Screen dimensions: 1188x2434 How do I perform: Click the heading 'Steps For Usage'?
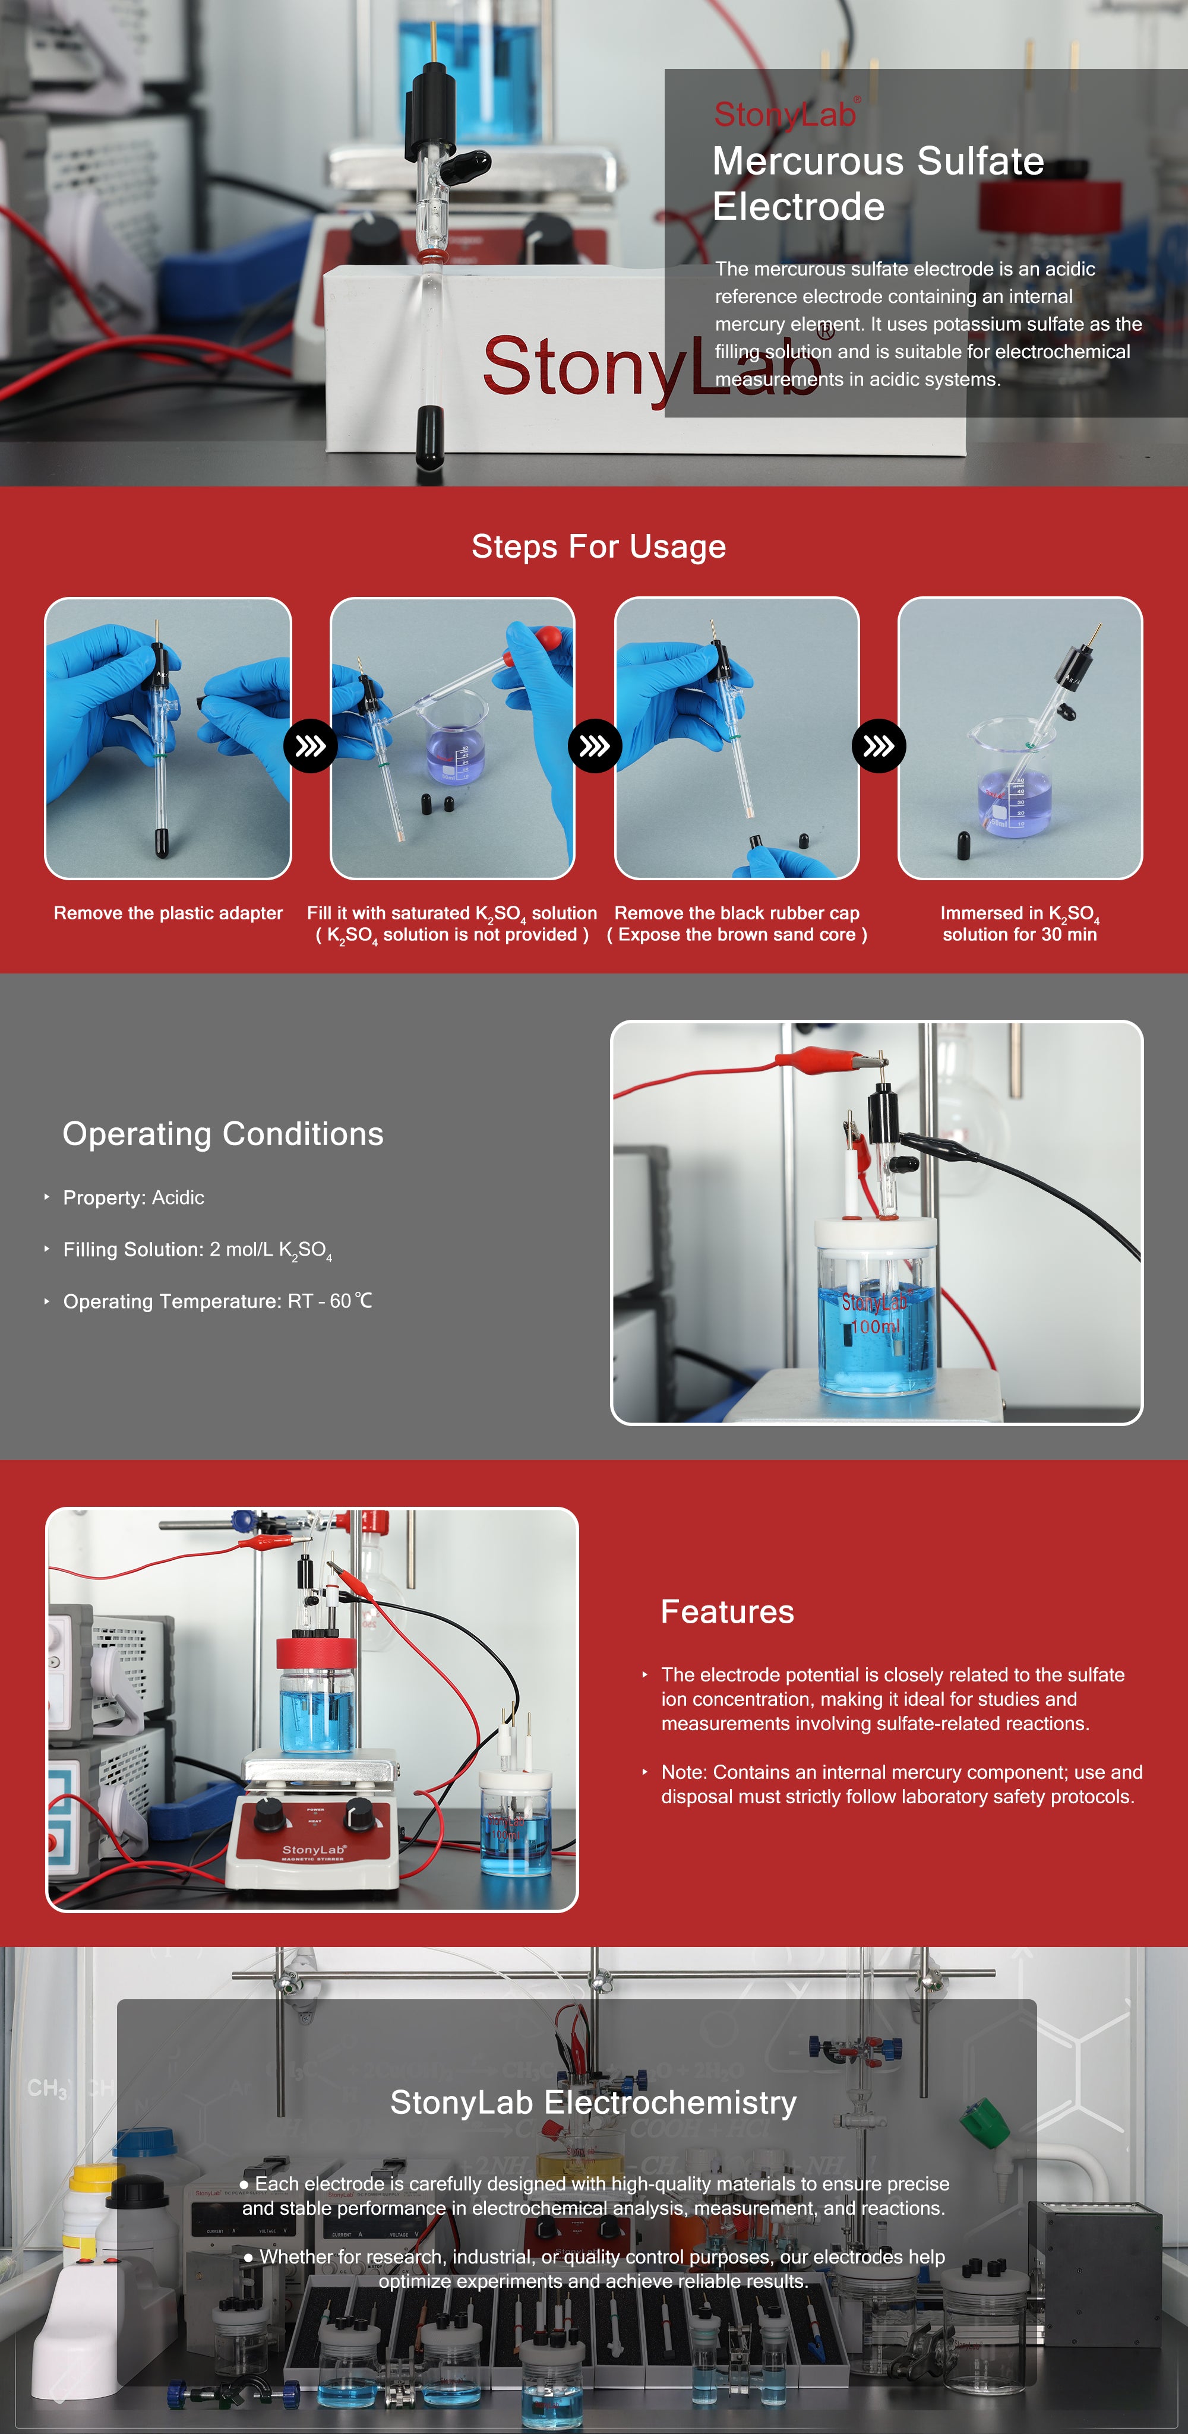click(598, 546)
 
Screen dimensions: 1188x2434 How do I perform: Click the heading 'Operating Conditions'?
click(223, 1134)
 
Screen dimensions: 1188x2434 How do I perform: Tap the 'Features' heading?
click(727, 1611)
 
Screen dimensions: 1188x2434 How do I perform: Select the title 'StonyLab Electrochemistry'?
click(593, 2101)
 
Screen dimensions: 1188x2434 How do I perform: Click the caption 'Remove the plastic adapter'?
click(168, 913)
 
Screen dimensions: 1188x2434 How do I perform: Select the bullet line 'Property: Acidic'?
click(133, 1197)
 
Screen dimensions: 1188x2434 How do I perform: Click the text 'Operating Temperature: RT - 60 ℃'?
click(217, 1301)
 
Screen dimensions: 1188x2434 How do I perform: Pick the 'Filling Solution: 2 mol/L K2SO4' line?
click(198, 1250)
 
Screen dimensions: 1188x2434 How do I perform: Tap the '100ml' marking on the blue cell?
click(875, 1327)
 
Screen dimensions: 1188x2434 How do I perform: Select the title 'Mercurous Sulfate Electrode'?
click(878, 184)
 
